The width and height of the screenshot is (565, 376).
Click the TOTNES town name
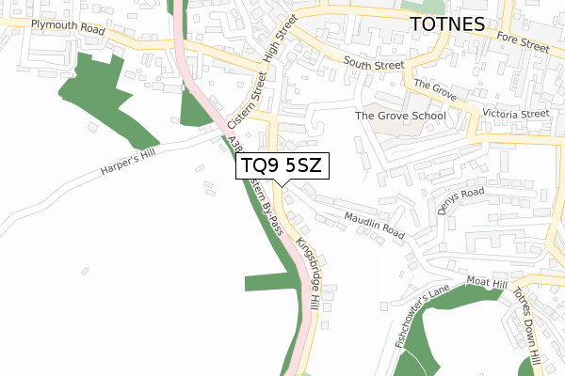click(447, 23)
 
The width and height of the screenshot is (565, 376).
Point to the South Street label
click(373, 64)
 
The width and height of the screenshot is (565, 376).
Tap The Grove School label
click(400, 116)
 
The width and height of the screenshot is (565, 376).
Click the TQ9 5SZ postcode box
click(281, 165)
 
